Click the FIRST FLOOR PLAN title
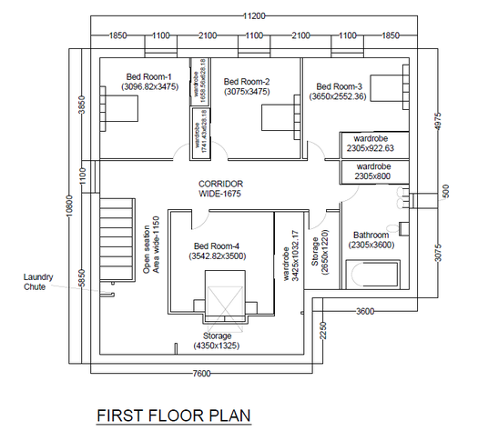(x=173, y=416)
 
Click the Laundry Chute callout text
(x=39, y=282)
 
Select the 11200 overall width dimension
(x=253, y=17)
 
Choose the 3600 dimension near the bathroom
(x=364, y=311)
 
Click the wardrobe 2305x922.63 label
(x=373, y=145)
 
